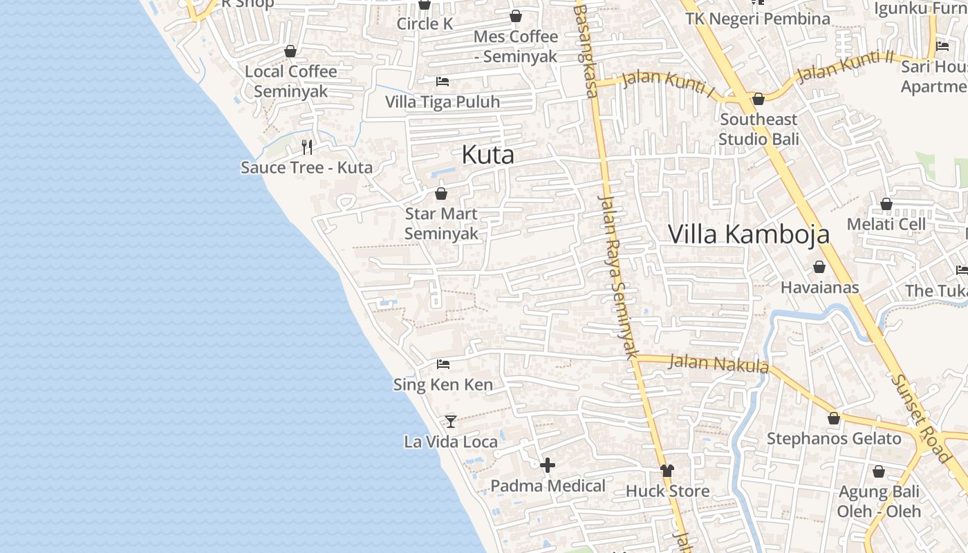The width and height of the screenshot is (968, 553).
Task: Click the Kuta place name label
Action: [487, 155]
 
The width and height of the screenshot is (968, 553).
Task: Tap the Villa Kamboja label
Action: [748, 234]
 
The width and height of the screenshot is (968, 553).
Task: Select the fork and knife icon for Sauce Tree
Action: [307, 147]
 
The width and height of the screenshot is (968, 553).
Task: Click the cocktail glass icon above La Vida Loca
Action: [451, 420]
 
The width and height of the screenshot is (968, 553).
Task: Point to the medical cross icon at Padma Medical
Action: [548, 465]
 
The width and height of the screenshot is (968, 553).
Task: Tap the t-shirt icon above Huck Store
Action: [667, 471]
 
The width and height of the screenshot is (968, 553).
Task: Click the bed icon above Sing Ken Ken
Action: [443, 364]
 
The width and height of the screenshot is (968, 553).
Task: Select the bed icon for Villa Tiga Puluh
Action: [443, 82]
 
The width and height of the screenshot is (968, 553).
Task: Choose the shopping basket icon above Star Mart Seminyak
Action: [441, 194]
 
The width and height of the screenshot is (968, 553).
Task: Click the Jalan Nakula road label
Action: [719, 363]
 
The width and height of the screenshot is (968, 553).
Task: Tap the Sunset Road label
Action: [920, 419]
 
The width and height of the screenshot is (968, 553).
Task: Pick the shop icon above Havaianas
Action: [819, 267]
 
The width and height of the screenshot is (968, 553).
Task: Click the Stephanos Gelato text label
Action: [834, 439]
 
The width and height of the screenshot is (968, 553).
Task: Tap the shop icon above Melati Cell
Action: [886, 204]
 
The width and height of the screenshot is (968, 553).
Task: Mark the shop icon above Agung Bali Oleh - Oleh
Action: [878, 471]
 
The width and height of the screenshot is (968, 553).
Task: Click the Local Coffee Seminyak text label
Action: [291, 81]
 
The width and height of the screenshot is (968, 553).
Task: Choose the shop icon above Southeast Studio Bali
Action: [758, 99]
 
